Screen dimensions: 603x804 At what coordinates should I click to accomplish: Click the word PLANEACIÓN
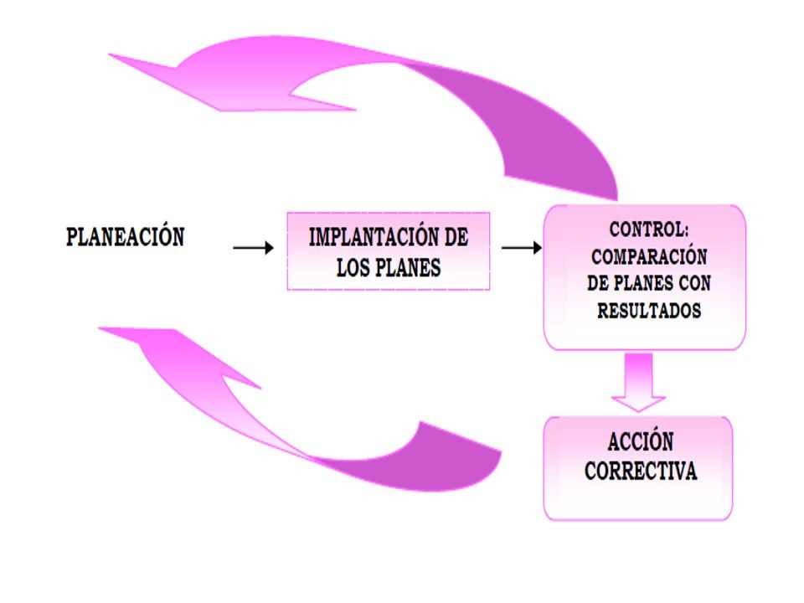click(125, 237)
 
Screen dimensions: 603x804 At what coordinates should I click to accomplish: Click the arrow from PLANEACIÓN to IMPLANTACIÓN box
click(253, 248)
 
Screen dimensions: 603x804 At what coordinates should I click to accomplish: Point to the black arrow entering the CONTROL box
click(521, 248)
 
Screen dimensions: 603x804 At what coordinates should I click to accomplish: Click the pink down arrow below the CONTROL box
click(638, 381)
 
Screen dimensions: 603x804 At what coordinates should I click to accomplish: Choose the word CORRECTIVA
click(641, 472)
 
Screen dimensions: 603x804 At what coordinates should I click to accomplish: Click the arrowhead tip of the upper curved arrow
click(113, 56)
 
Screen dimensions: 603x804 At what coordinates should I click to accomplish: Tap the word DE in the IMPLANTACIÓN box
click(453, 237)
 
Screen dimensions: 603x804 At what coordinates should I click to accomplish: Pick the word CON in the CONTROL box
click(696, 283)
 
